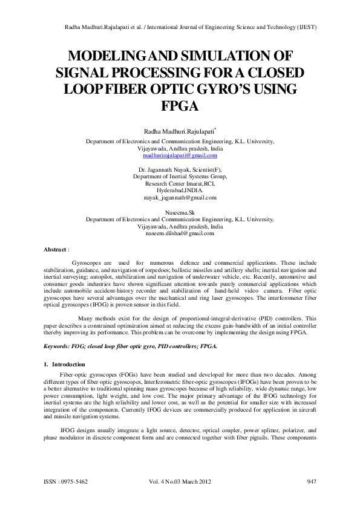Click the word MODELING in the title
point(109,57)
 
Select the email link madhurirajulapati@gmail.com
point(180,155)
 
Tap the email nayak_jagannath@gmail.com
point(180,197)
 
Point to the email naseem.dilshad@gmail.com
point(180,233)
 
